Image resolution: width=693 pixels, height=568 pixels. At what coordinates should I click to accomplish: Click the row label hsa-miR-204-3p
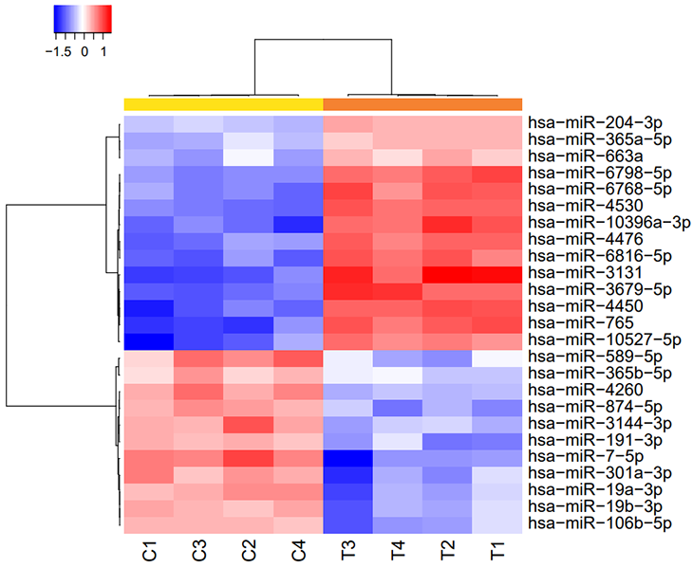(587, 121)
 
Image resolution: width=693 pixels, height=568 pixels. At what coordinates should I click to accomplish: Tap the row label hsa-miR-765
(570, 322)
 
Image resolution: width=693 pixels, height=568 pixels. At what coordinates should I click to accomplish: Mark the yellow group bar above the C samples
(223, 103)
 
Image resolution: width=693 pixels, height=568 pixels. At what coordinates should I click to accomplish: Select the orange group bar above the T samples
(422, 103)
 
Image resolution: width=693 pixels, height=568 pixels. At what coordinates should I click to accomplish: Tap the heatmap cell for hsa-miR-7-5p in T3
(348, 457)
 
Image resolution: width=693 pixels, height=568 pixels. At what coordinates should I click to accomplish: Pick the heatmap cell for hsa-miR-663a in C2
(249, 155)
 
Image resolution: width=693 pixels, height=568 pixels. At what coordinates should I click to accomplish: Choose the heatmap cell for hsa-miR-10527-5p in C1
(149, 339)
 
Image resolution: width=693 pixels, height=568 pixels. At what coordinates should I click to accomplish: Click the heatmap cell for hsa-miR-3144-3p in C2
(249, 424)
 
